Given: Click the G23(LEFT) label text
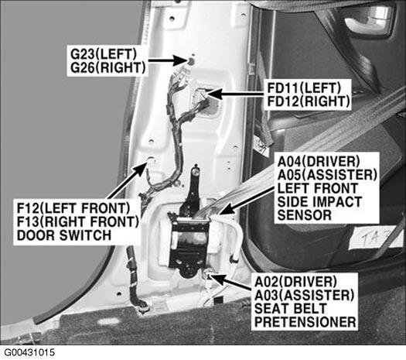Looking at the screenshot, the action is click(104, 54).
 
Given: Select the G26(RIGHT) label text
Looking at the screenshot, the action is click(108, 67).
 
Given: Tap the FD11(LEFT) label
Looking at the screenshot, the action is click(304, 87).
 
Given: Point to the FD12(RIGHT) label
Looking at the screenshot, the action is click(309, 101).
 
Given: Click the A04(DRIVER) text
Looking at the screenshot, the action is click(319, 162).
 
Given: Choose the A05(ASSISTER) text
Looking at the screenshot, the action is click(327, 175).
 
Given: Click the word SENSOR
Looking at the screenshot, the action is click(305, 215).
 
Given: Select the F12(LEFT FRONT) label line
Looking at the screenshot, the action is click(73, 208).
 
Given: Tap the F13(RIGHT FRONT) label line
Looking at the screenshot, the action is click(78, 221).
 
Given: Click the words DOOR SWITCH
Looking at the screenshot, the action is click(64, 235).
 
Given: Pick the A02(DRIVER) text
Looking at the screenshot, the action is click(295, 282).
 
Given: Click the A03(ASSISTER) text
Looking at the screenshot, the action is click(304, 295).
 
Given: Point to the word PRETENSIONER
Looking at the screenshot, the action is click(305, 322).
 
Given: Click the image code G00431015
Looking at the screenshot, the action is click(29, 352).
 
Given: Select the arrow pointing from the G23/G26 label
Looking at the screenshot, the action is click(169, 61).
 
